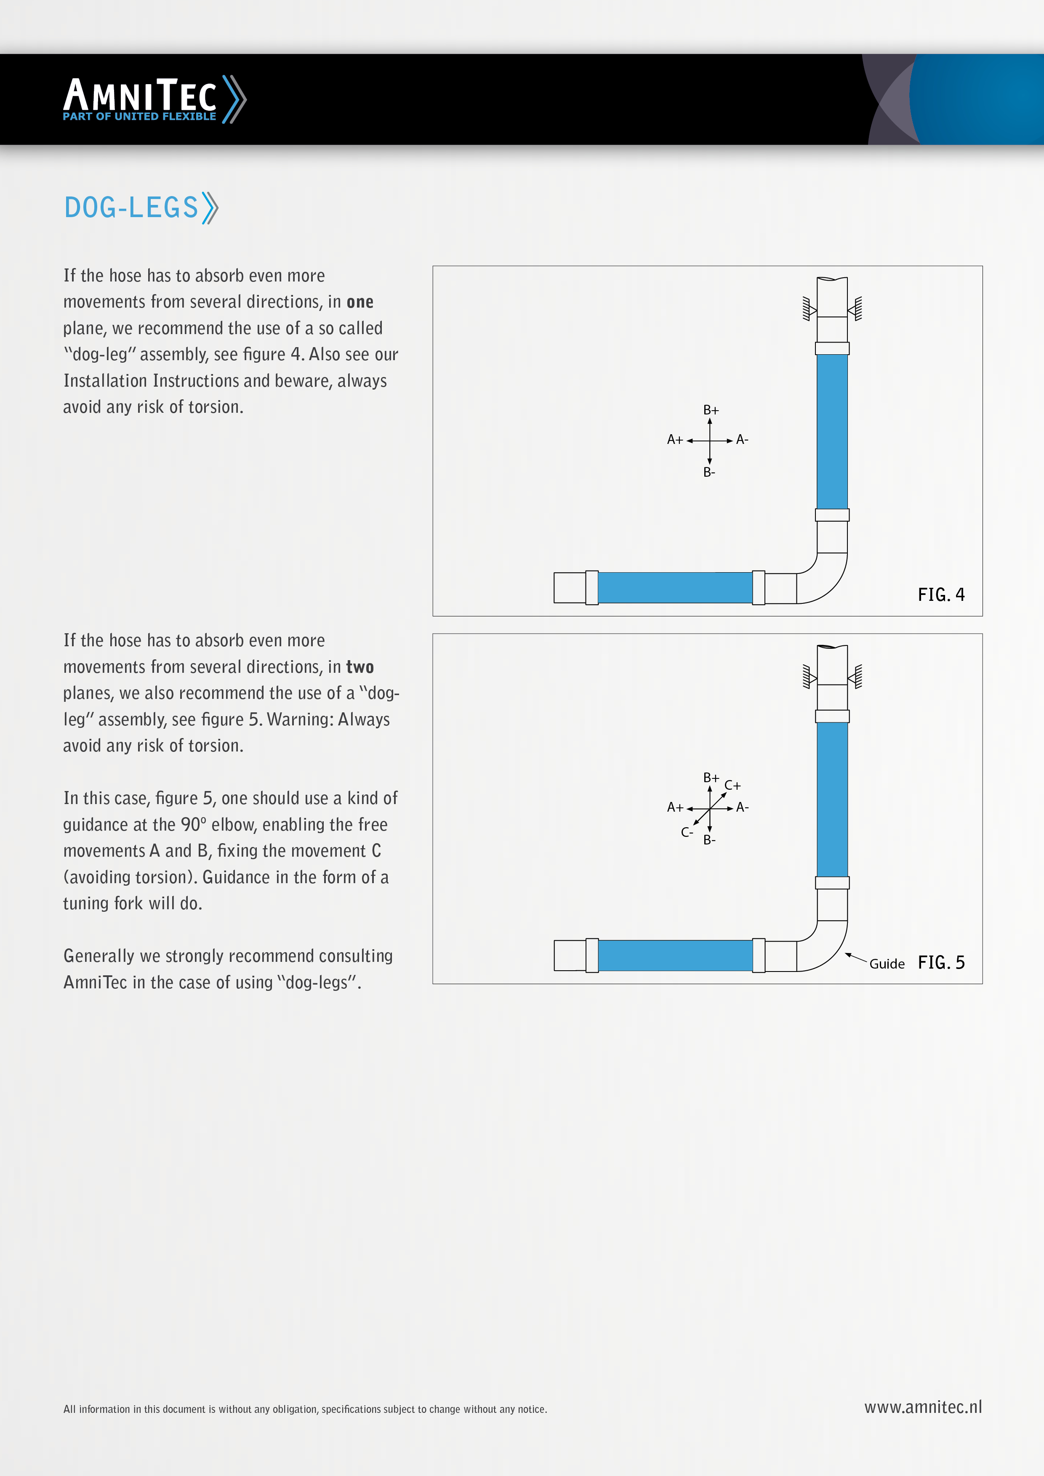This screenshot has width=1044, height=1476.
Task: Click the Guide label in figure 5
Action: [x=887, y=964]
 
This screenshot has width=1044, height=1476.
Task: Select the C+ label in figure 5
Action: [x=732, y=786]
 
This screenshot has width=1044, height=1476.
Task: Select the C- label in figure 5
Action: [x=686, y=833]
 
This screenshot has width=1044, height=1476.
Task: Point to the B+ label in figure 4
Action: [x=711, y=410]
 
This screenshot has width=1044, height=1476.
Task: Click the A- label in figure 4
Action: [x=742, y=440]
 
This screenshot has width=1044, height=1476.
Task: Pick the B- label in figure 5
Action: [x=709, y=840]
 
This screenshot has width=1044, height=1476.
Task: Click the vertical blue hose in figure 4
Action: [x=832, y=431]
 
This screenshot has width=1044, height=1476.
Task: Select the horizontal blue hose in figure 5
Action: [x=675, y=955]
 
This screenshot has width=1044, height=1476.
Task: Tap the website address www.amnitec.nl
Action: [x=922, y=1407]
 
